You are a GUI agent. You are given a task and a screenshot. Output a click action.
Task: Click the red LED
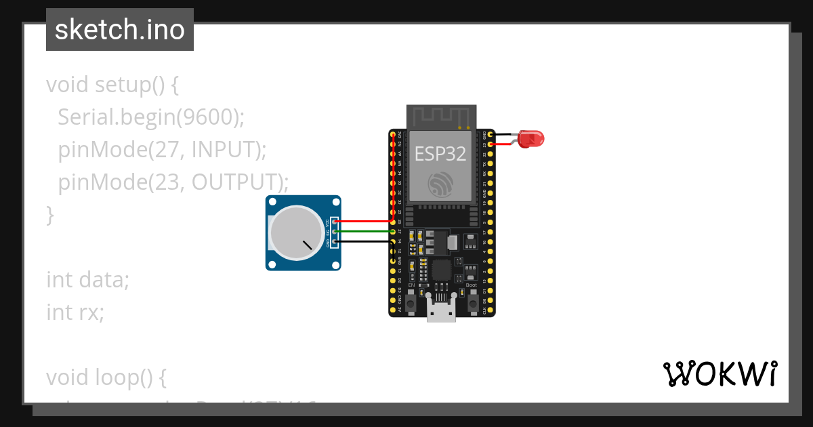point(532,140)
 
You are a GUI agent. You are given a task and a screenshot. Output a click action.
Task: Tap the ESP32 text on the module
point(440,154)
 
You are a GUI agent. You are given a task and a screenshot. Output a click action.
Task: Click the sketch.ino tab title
point(120,30)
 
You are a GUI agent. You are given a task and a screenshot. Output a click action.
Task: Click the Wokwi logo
point(720,374)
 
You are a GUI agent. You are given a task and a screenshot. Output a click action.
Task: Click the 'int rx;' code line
point(75,312)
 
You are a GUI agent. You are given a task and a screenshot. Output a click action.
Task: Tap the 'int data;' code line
point(87,279)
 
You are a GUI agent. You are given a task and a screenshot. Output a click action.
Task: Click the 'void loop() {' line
point(106,377)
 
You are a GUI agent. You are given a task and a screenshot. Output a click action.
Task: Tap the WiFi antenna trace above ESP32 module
point(440,116)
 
